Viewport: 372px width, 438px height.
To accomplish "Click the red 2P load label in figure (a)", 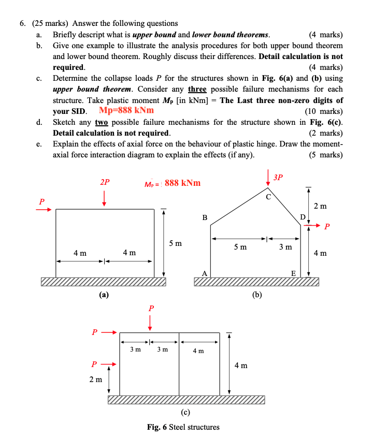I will click(105, 182).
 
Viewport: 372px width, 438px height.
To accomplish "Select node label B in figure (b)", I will click(205, 218).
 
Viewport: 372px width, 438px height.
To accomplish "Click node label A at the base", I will click(204, 274).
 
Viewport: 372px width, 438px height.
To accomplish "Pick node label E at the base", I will click(293, 274).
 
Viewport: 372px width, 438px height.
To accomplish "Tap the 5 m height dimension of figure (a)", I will click(176, 243).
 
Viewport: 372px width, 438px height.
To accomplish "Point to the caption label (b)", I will click(257, 295).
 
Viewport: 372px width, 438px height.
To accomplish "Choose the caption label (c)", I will click(185, 412).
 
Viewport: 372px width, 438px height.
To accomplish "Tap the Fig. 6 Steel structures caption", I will click(183, 427).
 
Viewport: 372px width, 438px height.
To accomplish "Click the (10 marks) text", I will click(324, 111).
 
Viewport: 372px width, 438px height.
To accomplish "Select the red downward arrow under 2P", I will click(105, 198).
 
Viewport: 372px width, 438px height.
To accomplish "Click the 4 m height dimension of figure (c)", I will click(240, 366).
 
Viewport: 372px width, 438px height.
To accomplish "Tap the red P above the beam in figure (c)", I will click(151, 309).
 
